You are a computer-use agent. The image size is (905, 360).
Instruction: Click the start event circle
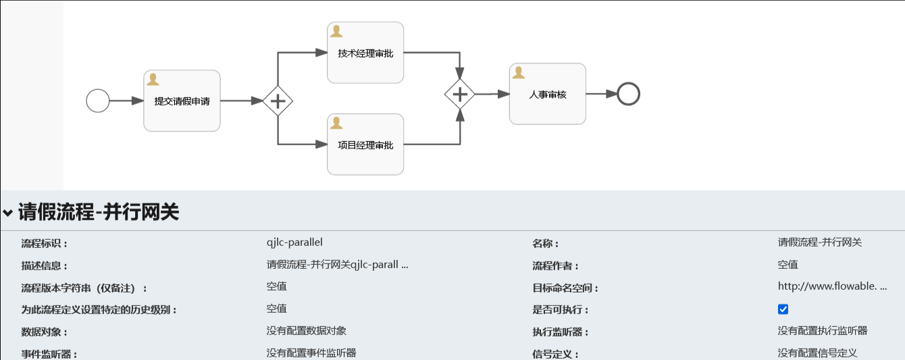pyautogui.click(x=98, y=101)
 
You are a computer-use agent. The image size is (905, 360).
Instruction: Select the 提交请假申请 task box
pyautogui.click(x=182, y=101)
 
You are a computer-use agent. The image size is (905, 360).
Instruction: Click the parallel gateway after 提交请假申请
pyautogui.click(x=278, y=101)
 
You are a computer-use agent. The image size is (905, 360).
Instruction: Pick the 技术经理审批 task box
pyautogui.click(x=365, y=53)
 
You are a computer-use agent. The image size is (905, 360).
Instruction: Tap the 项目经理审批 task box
pyautogui.click(x=365, y=145)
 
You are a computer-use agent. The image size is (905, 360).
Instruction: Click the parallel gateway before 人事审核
pyautogui.click(x=460, y=94)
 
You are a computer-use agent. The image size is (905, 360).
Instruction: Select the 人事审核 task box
pyautogui.click(x=548, y=94)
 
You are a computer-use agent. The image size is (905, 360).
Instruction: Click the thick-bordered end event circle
pyautogui.click(x=628, y=94)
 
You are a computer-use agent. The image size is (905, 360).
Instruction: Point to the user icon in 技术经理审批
pyautogui.click(x=336, y=31)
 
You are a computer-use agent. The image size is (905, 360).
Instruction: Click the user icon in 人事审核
pyautogui.click(x=519, y=72)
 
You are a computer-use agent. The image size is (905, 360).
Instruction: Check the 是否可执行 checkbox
pyautogui.click(x=783, y=309)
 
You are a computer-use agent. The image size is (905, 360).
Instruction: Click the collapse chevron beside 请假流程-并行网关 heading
pyautogui.click(x=7, y=213)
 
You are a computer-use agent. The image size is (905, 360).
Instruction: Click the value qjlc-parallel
pyautogui.click(x=294, y=242)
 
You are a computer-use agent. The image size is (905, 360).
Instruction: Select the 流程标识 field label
pyautogui.click(x=45, y=244)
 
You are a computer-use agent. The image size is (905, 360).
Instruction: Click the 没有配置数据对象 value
pyautogui.click(x=307, y=331)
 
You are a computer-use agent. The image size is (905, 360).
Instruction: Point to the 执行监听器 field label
pyautogui.click(x=561, y=332)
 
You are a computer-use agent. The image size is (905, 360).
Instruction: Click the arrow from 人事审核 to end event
pyautogui.click(x=601, y=94)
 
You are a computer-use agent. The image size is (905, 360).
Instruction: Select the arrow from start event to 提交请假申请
pyautogui.click(x=126, y=101)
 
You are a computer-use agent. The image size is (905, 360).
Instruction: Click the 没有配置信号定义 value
pyautogui.click(x=817, y=353)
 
